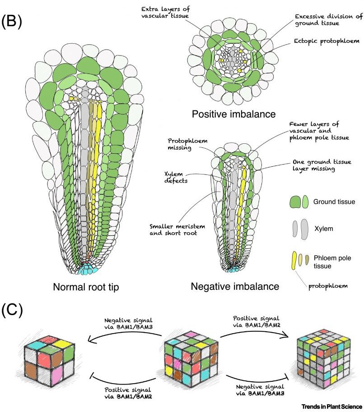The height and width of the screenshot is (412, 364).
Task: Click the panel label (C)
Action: [x=12, y=311]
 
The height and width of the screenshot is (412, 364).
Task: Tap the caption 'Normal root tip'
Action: [x=86, y=287]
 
